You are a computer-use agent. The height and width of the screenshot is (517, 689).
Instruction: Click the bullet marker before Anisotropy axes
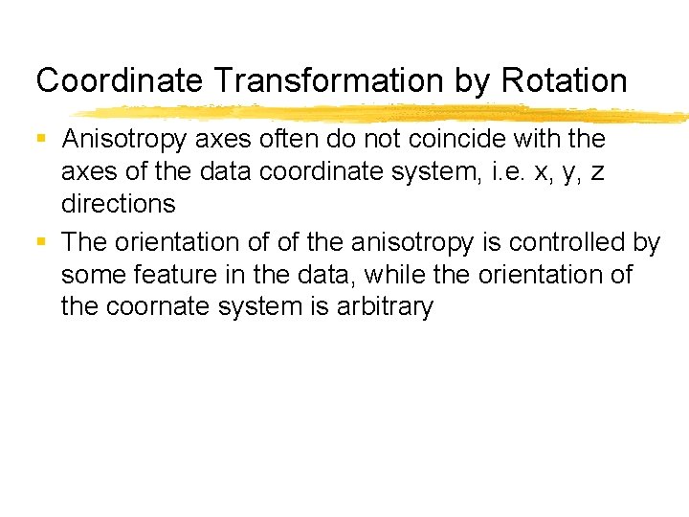point(41,139)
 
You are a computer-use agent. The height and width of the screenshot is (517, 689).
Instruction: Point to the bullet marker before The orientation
point(41,243)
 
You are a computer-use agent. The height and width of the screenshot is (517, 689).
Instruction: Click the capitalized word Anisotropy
point(124,140)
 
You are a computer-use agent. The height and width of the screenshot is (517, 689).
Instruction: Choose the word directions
point(118,204)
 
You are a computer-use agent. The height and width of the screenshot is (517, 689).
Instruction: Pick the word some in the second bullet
point(91,276)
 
